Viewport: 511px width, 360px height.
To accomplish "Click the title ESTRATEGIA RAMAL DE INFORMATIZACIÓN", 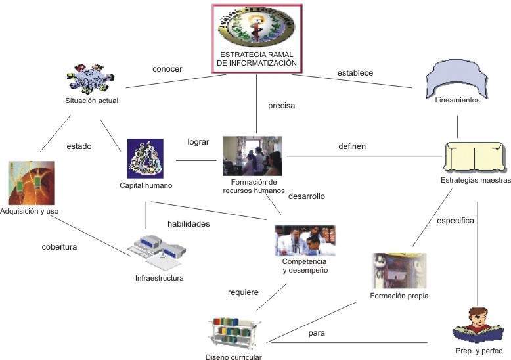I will [257, 58].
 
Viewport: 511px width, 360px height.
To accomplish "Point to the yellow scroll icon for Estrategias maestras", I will [474, 157].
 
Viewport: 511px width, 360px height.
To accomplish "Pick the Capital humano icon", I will [145, 158].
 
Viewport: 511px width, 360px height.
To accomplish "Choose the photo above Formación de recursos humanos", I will [252, 156].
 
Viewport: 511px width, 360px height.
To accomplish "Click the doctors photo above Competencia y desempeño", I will [305, 240].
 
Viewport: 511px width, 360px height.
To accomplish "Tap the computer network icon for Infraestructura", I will [158, 250].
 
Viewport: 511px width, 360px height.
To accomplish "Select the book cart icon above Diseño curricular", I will [234, 333].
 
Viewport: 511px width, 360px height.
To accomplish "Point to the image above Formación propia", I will [399, 271].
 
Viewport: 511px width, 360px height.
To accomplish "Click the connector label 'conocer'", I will [167, 69].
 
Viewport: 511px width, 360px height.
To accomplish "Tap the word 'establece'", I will [355, 73].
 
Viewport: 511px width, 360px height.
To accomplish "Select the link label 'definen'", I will [351, 146].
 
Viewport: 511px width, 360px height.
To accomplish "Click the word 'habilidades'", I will [189, 224].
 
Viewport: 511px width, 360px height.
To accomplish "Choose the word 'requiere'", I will [243, 292].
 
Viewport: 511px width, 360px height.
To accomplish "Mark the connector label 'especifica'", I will [455, 221].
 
